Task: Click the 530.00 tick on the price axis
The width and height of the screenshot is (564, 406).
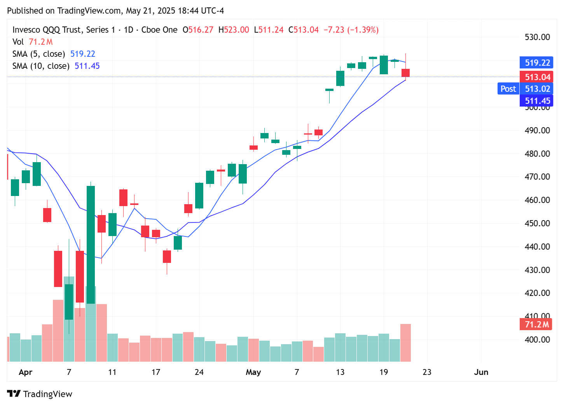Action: pyautogui.click(x=537, y=37)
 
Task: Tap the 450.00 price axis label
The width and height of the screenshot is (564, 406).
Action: pyautogui.click(x=537, y=223)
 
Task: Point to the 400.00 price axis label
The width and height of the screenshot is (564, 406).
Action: pyautogui.click(x=537, y=339)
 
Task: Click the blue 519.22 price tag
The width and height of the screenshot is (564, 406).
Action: pyautogui.click(x=537, y=63)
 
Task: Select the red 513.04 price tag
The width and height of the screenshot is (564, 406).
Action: pyautogui.click(x=537, y=77)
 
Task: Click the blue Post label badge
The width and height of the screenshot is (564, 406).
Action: pyautogui.click(x=508, y=89)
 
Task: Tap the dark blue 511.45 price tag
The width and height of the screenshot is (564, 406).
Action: pyautogui.click(x=537, y=101)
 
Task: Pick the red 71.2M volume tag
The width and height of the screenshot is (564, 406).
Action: pyautogui.click(x=536, y=324)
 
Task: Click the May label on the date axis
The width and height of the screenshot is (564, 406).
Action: pyautogui.click(x=253, y=372)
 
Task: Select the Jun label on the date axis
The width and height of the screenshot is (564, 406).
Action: pyautogui.click(x=481, y=372)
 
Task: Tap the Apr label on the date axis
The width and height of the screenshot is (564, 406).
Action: pyautogui.click(x=25, y=372)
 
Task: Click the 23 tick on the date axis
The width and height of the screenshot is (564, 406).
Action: pyautogui.click(x=427, y=372)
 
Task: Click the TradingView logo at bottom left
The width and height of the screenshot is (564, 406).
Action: pyautogui.click(x=40, y=394)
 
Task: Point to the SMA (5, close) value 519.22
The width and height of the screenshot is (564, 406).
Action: pyautogui.click(x=82, y=54)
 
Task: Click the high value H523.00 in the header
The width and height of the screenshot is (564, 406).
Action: pyautogui.click(x=234, y=30)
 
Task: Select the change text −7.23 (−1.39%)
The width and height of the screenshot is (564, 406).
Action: pyautogui.click(x=351, y=30)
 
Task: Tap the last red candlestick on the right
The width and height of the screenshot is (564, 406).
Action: pyautogui.click(x=405, y=73)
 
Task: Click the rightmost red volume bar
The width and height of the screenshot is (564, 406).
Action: pyautogui.click(x=405, y=342)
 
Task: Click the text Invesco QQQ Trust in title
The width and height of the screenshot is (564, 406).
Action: pyautogui.click(x=47, y=30)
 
